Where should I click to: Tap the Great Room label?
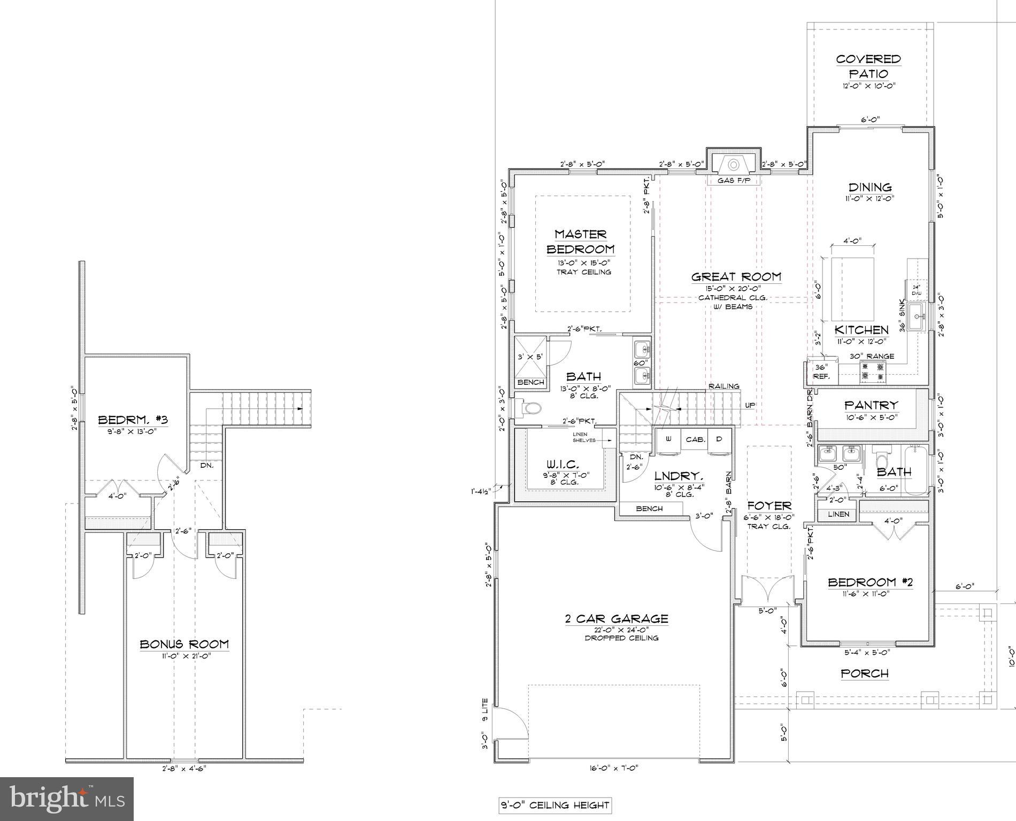click(736, 277)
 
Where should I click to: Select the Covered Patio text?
click(868, 66)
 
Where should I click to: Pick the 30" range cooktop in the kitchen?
click(873, 373)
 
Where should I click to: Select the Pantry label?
click(871, 405)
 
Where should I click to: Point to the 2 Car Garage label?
click(616, 619)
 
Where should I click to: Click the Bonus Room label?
click(184, 644)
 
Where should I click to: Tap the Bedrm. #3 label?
click(133, 420)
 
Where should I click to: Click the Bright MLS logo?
click(67, 799)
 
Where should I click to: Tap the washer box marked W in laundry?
click(668, 439)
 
